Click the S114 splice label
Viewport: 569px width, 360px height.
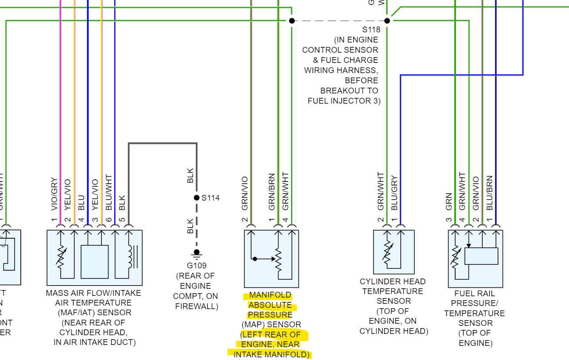(210, 198)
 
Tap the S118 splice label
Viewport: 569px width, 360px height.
(371, 30)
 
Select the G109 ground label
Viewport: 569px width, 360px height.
(197, 266)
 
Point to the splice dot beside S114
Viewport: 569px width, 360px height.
(197, 198)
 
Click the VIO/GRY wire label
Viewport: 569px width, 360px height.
(54, 194)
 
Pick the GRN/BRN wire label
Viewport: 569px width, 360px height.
(272, 192)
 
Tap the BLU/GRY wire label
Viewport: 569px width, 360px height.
(395, 193)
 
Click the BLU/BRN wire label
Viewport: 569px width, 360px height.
(489, 193)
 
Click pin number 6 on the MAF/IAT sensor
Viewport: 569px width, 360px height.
(109, 220)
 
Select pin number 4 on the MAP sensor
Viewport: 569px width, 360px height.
(286, 220)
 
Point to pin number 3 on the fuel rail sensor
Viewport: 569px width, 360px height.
(449, 220)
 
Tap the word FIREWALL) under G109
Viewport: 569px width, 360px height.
(197, 306)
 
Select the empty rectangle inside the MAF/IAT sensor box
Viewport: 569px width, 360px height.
(95, 261)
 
